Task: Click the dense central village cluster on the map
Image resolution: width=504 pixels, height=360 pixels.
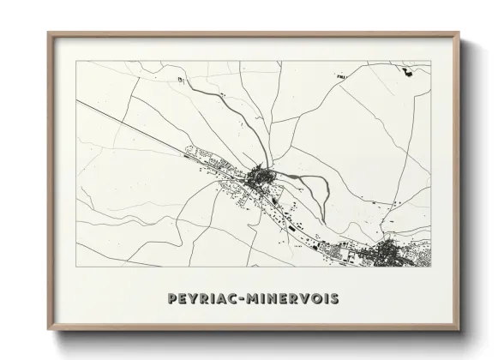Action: click(x=259, y=179)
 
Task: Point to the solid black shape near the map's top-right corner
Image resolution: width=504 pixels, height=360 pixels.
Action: click(x=407, y=72)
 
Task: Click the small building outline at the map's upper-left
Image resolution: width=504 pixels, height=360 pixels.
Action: click(x=180, y=80)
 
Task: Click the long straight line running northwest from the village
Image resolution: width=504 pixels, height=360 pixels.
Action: click(x=129, y=125)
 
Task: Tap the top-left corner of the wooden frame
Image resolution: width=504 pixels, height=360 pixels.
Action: click(x=49, y=33)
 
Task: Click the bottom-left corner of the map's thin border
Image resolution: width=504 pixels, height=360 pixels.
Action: click(x=76, y=276)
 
